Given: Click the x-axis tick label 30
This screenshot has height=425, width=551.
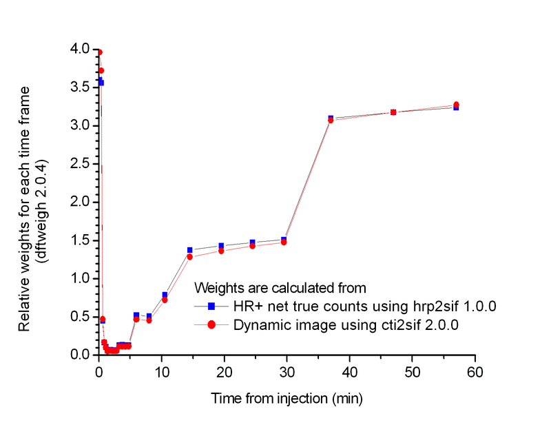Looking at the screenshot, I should coord(287,373).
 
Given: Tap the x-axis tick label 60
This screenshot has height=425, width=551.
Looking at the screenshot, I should coord(475,373).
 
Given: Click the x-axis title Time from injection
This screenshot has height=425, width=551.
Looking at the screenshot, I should coord(287,399).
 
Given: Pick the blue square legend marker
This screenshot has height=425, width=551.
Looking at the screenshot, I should coord(211,305).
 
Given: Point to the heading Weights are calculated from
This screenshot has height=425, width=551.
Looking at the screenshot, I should coord(280,287).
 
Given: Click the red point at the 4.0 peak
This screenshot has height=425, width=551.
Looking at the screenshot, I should coord(99,52).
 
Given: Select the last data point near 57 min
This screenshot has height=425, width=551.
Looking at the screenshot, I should coord(456,105).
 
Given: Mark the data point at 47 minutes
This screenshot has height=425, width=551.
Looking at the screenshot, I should coord(393,112).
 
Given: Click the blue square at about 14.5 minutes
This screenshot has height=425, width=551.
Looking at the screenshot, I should coord(190,250).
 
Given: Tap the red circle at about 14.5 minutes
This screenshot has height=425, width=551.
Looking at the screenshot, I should coord(190,257).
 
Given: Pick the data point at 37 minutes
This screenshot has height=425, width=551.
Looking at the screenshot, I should coord(331,119).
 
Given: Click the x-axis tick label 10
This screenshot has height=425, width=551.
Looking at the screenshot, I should coord(161,373).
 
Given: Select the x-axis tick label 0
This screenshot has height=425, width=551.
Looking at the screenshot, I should coord(98,373).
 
